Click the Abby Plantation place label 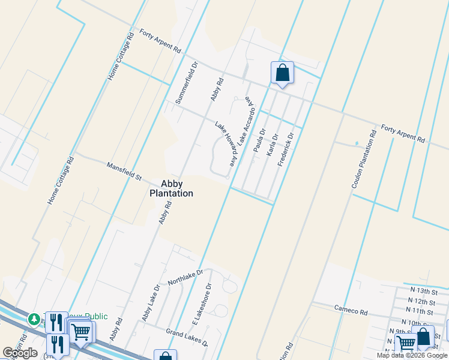(171, 188)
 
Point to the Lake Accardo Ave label (247, 121)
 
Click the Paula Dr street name (259, 140)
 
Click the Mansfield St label (124, 171)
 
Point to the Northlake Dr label (185, 277)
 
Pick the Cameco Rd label (352, 311)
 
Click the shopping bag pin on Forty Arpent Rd (282, 73)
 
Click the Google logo (20, 353)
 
